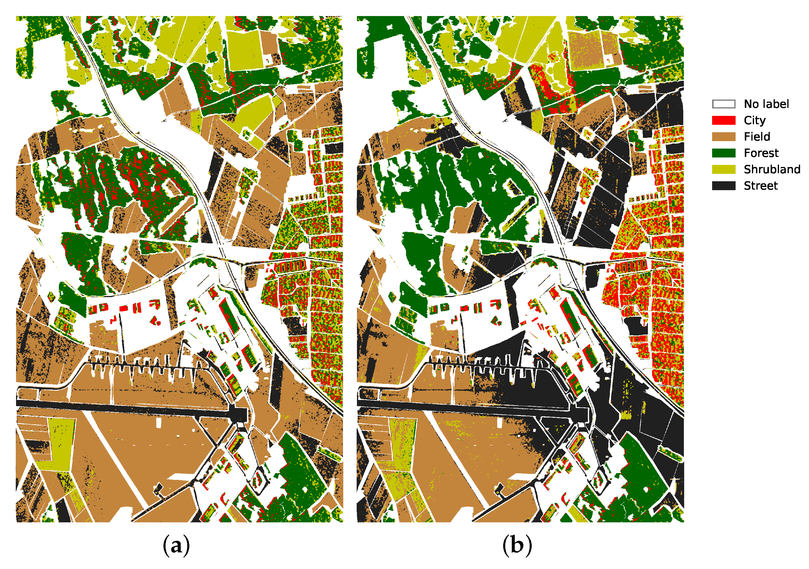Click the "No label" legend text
[x=766, y=104]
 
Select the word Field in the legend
[x=757, y=137]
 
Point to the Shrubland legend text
[x=772, y=169]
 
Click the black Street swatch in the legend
[x=723, y=186]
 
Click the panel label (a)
[x=176, y=546]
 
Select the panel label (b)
[x=517, y=546]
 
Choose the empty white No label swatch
[x=723, y=104]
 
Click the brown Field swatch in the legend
[x=723, y=137]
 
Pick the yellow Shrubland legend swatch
[x=723, y=169]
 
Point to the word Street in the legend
[x=760, y=186]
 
